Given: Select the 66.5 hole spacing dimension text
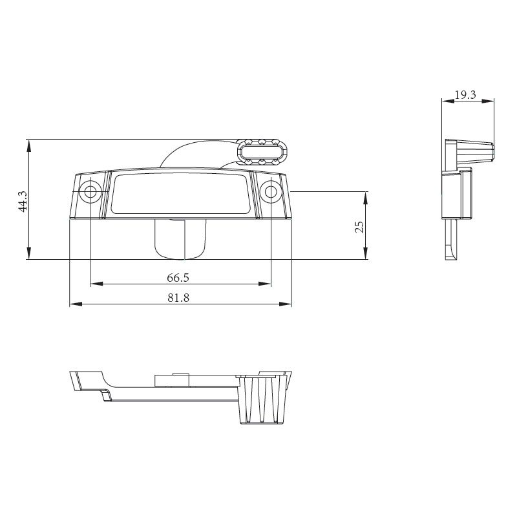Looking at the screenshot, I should (178, 278).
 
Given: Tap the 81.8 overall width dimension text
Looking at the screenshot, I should (178, 298).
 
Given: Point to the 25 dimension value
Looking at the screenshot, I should (360, 226).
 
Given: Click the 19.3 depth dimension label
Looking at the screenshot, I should (465, 94).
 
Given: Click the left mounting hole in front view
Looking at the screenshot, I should (90, 191).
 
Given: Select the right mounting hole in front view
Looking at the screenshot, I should (270, 191).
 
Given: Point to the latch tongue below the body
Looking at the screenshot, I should (180, 239).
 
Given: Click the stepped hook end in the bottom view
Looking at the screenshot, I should (90, 386).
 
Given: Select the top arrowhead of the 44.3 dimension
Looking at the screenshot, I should (29, 143).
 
